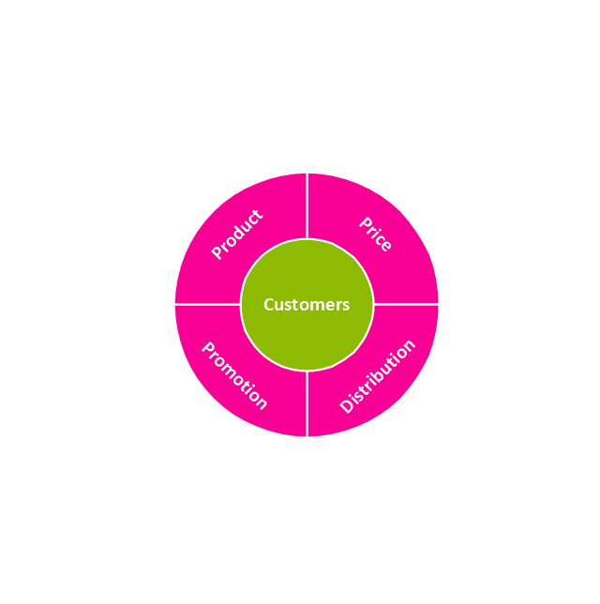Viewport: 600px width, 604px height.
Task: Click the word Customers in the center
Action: (307, 305)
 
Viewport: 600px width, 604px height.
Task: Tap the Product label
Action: (237, 234)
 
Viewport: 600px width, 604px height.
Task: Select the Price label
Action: (376, 234)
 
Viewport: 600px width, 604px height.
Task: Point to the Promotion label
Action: (234, 375)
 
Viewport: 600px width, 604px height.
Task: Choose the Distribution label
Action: (378, 376)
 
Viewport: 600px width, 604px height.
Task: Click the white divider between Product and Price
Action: (307, 206)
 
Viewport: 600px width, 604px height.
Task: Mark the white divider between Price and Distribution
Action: (406, 304)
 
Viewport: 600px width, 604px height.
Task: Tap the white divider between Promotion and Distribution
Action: (307, 403)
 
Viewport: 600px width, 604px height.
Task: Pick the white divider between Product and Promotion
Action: (207, 304)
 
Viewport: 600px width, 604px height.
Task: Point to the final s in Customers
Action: (346, 307)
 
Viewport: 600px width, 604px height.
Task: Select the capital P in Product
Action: (217, 252)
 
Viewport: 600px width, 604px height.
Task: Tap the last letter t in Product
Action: (258, 214)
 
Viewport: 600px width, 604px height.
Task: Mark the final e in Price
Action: (386, 246)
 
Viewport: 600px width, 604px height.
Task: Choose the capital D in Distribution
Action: (347, 406)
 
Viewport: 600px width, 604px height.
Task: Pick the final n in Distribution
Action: (410, 345)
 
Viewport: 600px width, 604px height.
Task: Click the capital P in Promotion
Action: (208, 348)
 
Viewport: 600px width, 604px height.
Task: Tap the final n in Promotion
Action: (261, 403)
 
